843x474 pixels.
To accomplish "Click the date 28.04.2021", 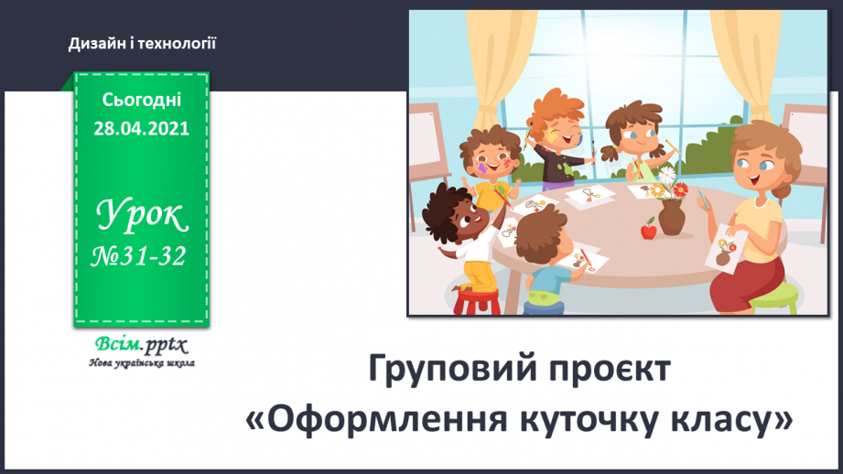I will coord(142,129).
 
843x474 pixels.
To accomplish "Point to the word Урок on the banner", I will coord(142,216).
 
